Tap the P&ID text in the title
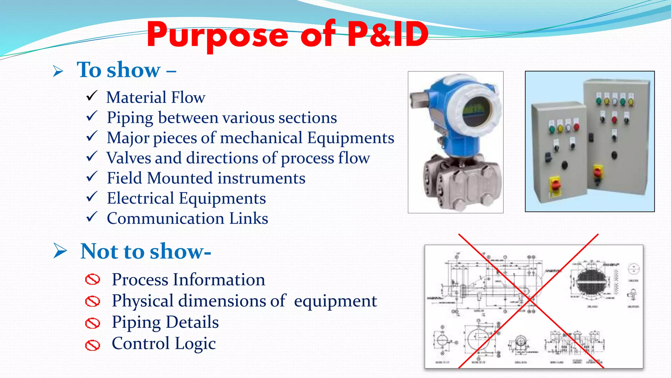tap(388, 34)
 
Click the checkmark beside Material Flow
tap(91, 96)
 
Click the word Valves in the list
tap(128, 158)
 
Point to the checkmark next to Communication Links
tap(91, 217)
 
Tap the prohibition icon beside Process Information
tap(92, 280)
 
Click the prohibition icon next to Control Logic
tap(92, 345)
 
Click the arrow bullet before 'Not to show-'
tap(60, 251)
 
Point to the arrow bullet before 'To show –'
tap(58, 71)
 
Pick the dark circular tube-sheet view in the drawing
tap(591, 281)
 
